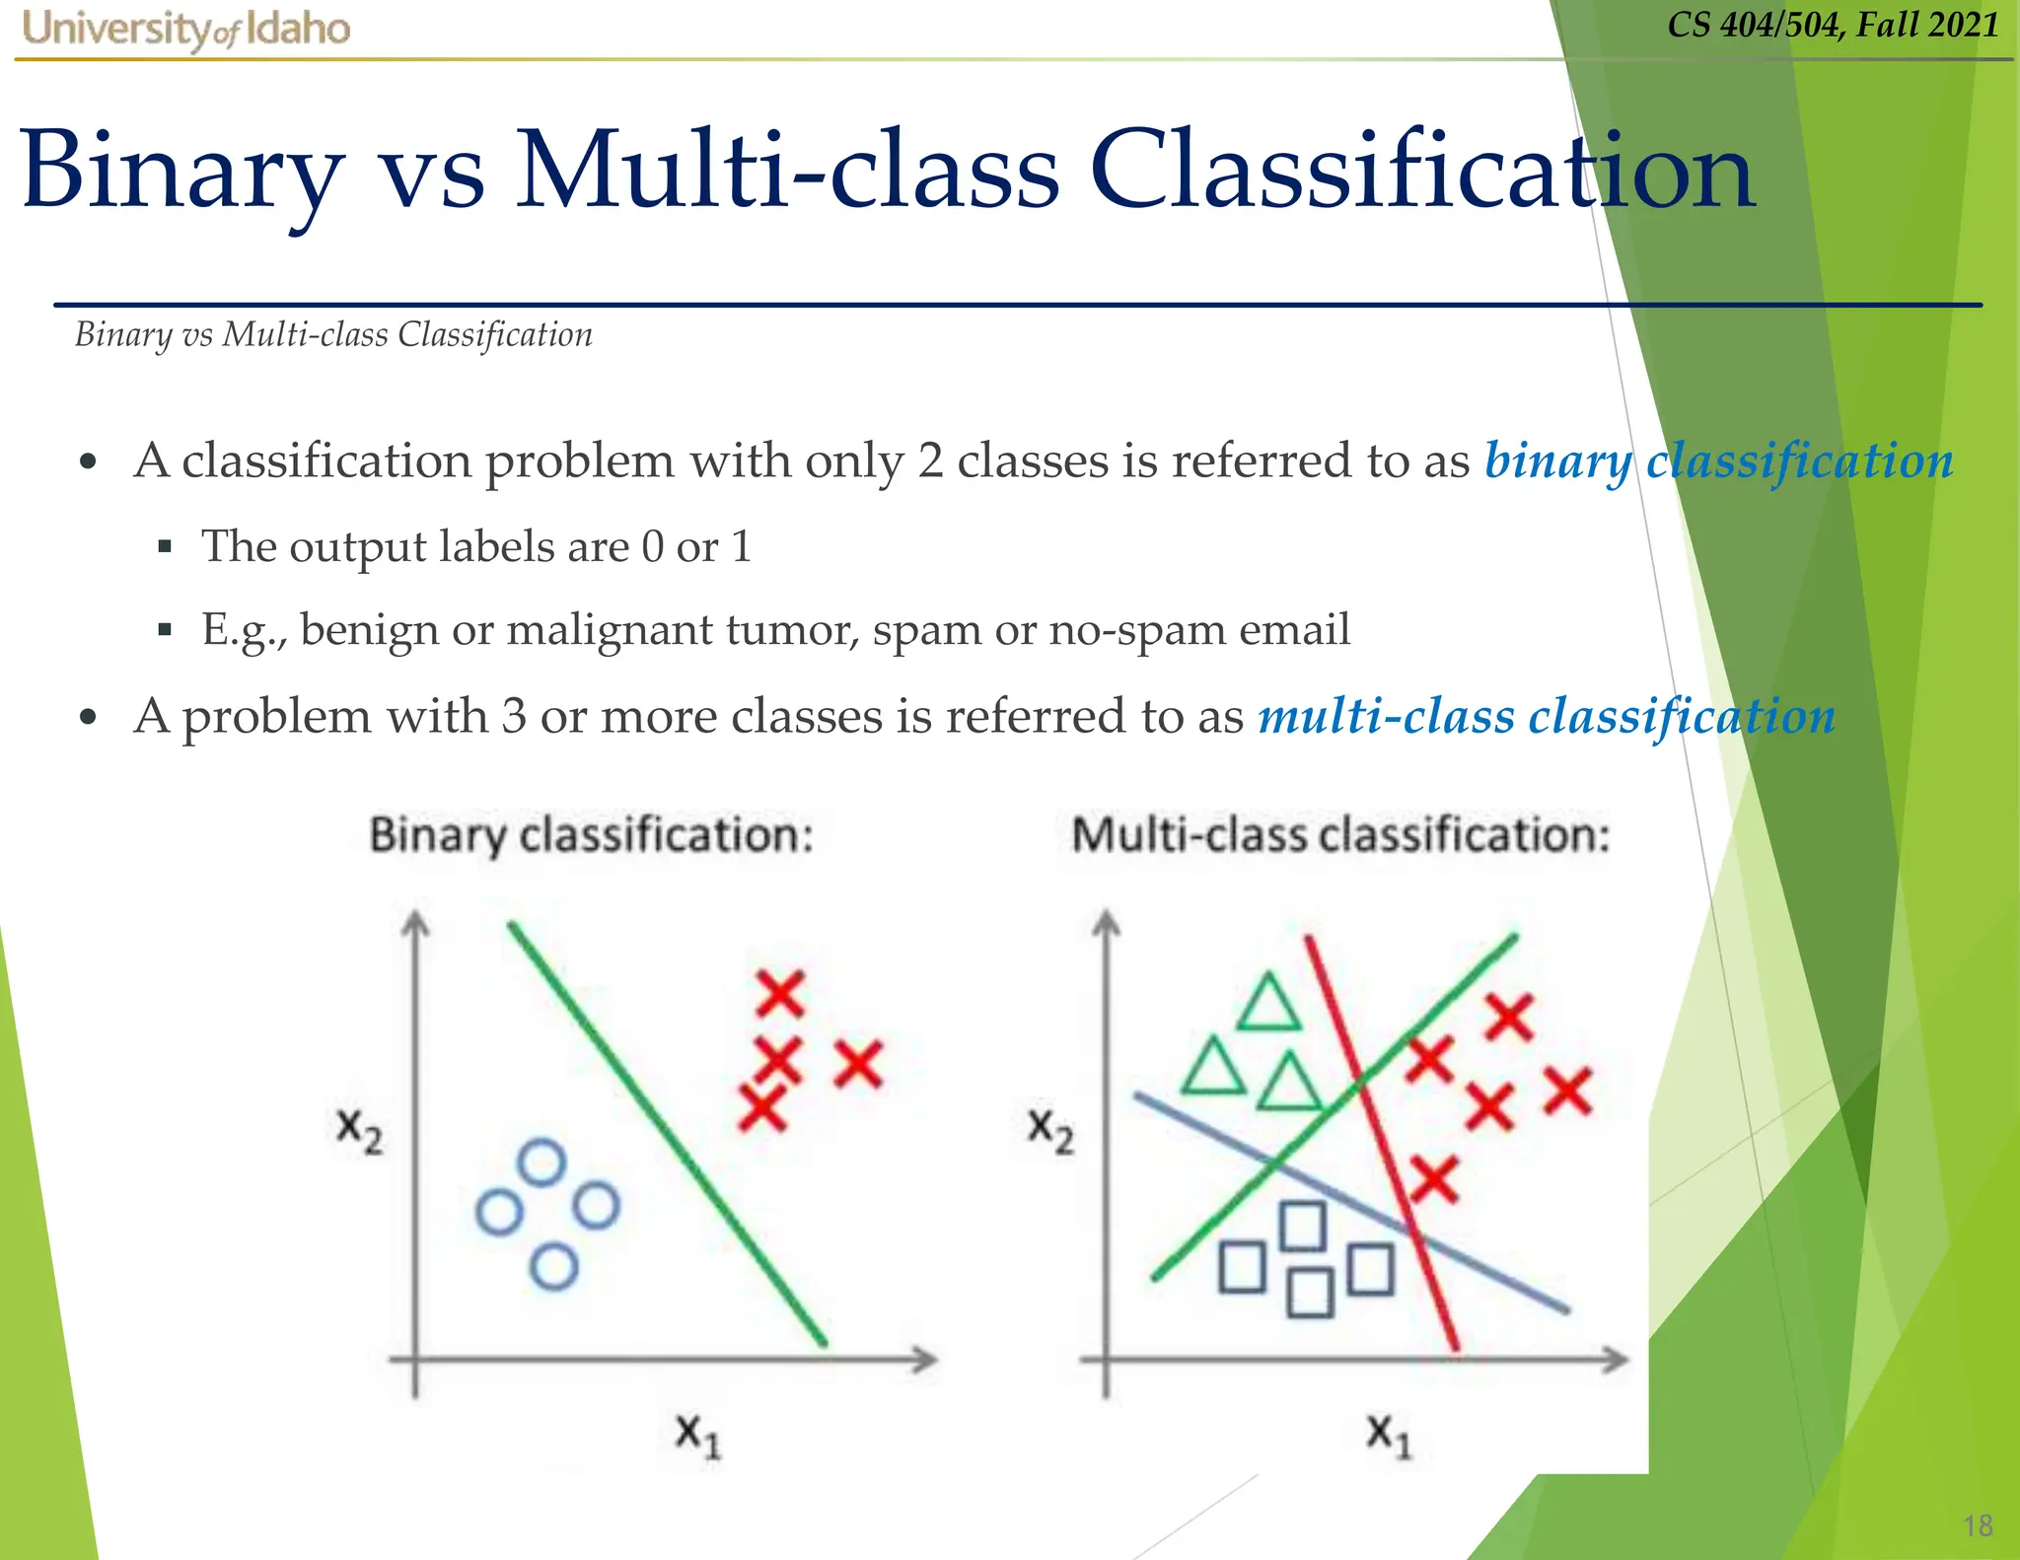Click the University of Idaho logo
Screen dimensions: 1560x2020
point(185,29)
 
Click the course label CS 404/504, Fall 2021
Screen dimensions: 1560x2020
point(1833,24)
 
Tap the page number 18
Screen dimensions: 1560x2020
point(1978,1525)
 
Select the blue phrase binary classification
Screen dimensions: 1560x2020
point(1718,461)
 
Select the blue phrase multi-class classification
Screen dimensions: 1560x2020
point(1546,716)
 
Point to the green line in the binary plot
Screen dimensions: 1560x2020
point(667,1134)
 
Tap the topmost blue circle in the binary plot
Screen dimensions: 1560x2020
point(541,1163)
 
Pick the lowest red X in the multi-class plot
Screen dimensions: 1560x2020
point(1433,1179)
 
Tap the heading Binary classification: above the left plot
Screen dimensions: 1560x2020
point(591,835)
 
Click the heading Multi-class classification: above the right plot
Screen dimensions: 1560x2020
point(1340,835)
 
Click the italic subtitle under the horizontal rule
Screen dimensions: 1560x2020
point(333,335)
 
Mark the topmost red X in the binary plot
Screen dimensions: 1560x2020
point(780,993)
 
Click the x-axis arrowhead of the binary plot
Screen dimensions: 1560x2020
point(924,1360)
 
